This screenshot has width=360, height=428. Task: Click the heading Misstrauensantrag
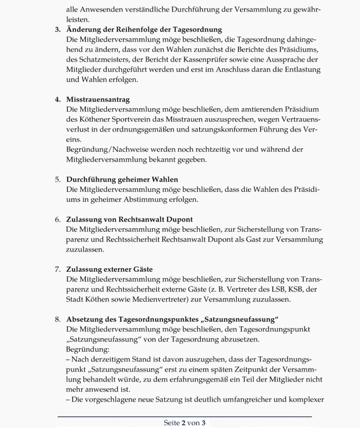[x=98, y=99]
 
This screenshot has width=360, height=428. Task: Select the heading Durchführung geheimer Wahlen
[x=122, y=179]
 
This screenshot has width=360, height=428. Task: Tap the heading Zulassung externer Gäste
[x=109, y=269]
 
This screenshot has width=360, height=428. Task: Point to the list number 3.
[x=58, y=30]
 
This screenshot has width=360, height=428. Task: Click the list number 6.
[x=58, y=219]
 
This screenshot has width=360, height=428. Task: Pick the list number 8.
[x=58, y=319]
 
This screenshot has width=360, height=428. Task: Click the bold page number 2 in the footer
[x=184, y=423]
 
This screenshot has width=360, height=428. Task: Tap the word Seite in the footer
[x=172, y=423]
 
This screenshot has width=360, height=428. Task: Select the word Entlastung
[x=302, y=70]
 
